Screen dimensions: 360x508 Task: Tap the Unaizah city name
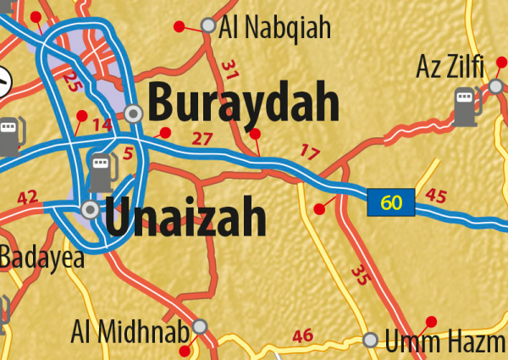(186, 218)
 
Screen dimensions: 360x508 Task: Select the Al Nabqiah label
(274, 29)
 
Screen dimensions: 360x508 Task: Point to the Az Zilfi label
(446, 65)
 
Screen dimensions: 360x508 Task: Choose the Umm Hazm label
(446, 342)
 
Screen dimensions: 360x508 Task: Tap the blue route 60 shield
(390, 202)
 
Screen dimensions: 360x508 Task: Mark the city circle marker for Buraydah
(134, 114)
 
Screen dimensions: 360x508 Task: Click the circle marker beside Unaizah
(91, 208)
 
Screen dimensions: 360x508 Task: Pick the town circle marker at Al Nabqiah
(208, 26)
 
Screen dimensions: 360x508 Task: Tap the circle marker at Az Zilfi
(495, 86)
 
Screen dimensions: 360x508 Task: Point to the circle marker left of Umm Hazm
(370, 341)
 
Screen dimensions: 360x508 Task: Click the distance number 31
(229, 69)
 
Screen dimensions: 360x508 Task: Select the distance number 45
(436, 196)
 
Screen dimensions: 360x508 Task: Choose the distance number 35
(362, 274)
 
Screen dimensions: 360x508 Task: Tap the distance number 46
(303, 336)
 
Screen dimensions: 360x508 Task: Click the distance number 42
(28, 198)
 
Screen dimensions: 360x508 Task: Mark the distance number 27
(202, 139)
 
